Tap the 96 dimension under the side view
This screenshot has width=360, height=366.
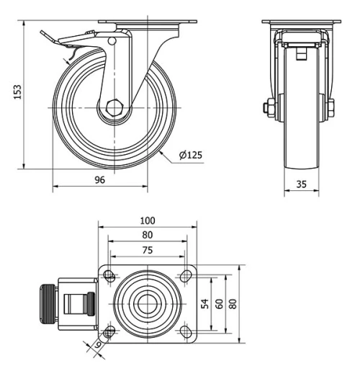(x=100, y=180)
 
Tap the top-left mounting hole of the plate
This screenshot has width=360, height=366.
(x=109, y=275)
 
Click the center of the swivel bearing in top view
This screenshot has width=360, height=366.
(x=147, y=303)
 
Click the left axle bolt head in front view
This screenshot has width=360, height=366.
(x=268, y=109)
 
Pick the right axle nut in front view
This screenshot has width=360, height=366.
(x=331, y=109)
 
